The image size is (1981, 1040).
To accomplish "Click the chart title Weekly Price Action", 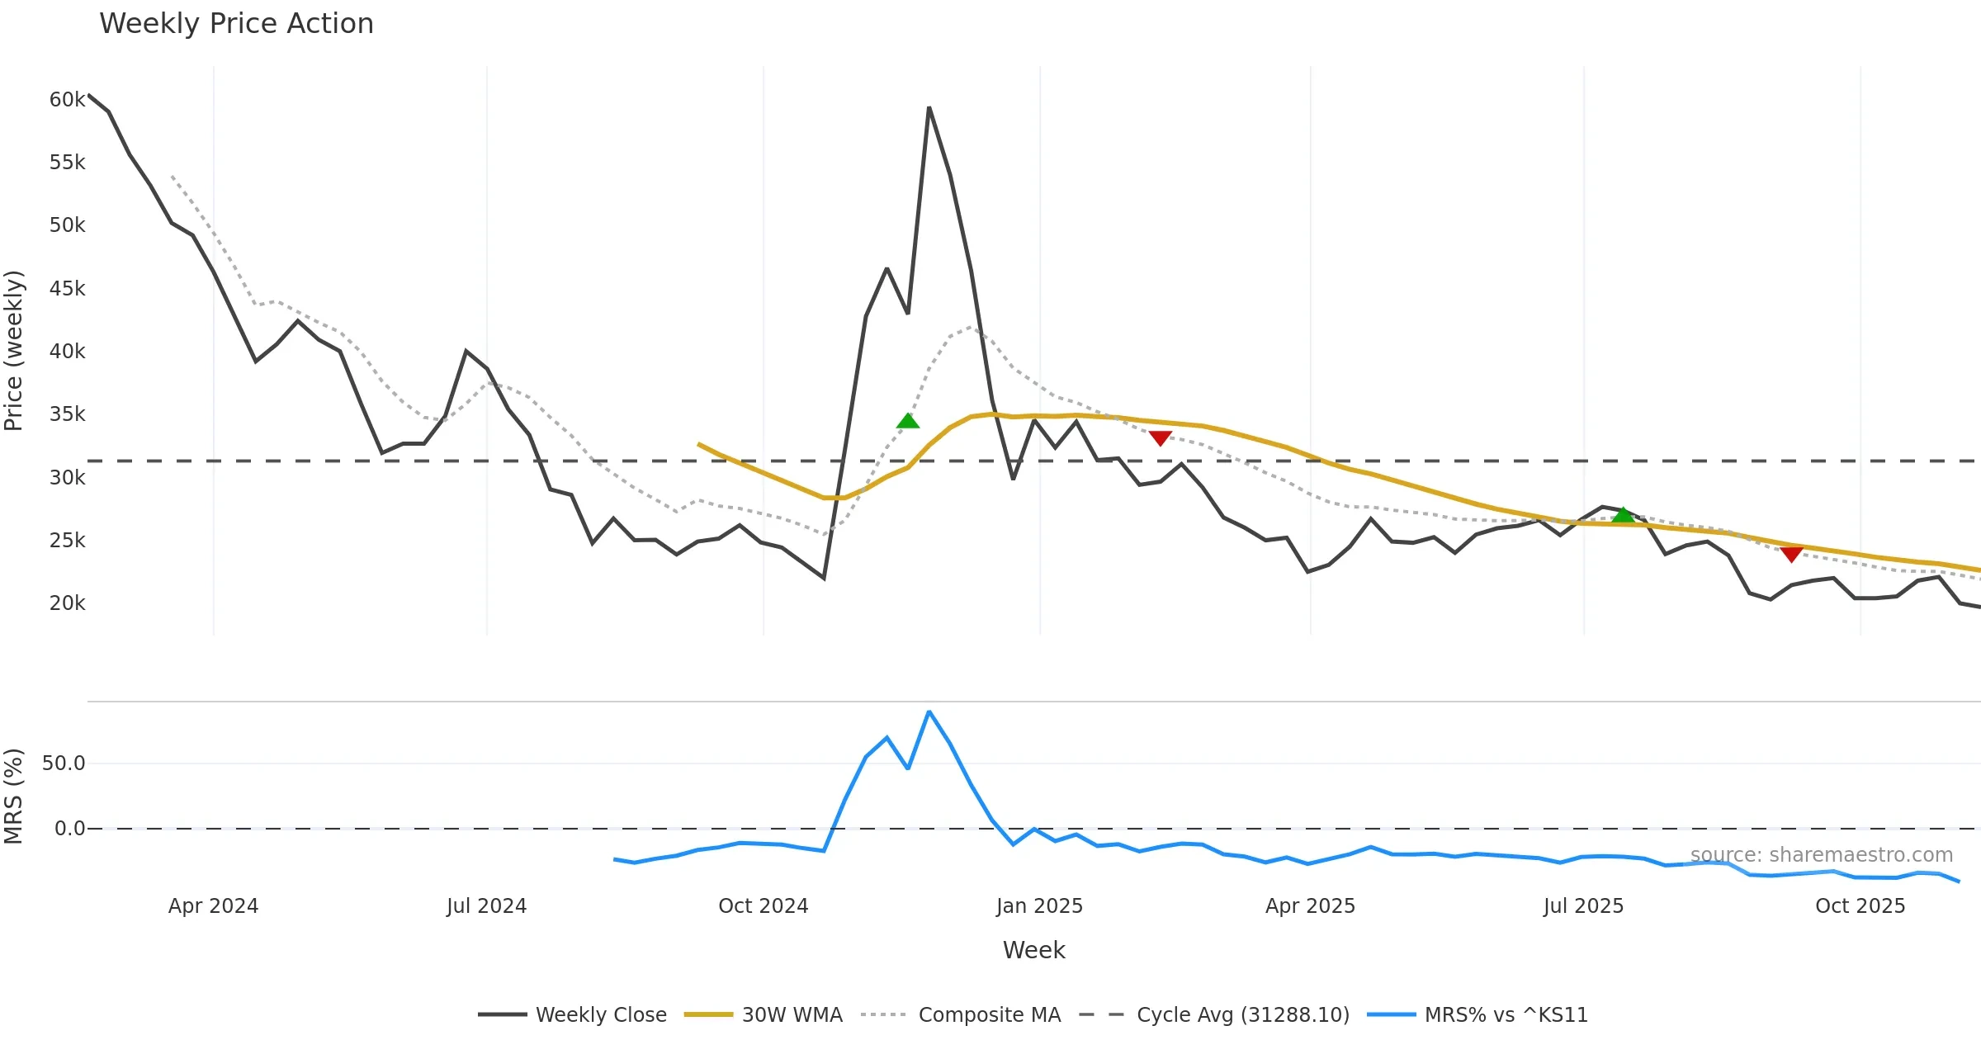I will pos(236,24).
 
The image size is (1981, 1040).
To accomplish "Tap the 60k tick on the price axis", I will pos(67,100).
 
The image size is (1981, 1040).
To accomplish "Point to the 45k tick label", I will pos(67,289).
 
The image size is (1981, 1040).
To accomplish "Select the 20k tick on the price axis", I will pos(67,603).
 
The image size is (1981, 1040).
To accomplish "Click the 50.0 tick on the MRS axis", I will pos(64,763).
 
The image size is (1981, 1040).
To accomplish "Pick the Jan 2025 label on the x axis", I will pos(1039,906).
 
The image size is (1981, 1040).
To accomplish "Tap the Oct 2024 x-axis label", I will pos(763,906).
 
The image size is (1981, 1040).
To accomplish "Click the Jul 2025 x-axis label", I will pos(1583,906).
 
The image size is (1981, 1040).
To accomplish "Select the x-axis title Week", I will pos(1033,951).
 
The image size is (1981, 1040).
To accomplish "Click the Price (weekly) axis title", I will pos(14,351).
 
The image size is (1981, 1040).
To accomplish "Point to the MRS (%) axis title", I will pos(14,797).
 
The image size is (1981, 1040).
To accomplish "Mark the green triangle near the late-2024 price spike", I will pos(908,422).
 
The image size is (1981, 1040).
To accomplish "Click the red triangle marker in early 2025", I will pos(1161,437).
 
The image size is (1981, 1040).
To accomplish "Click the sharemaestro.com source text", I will pos(1821,855).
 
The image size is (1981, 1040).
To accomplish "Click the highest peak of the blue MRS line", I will pos(929,711).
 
